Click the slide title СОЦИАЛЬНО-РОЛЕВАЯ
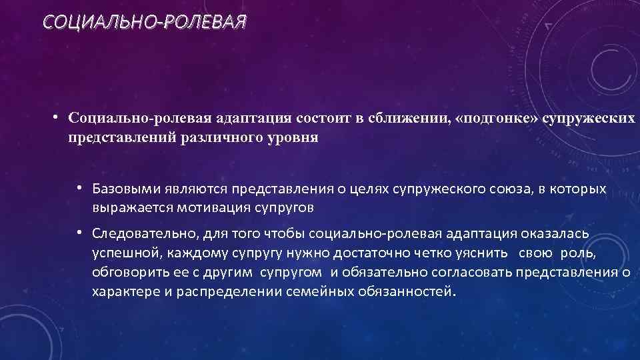tap(144, 24)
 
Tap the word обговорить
tap(131, 274)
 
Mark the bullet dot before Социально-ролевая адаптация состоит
tap(58, 117)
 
